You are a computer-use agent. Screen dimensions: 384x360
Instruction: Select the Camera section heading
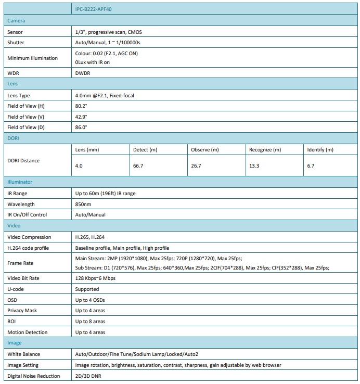tap(16, 21)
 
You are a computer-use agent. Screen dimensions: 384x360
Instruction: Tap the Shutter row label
tap(16, 43)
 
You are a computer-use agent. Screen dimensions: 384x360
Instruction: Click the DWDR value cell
tap(83, 73)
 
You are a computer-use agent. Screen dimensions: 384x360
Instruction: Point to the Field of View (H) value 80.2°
tap(81, 106)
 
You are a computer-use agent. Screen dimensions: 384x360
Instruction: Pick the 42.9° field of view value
tap(81, 117)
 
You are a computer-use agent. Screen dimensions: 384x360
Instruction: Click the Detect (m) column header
tap(145, 150)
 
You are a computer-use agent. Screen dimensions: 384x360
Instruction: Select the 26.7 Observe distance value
tap(197, 165)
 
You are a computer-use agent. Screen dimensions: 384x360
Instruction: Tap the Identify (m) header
tap(320, 150)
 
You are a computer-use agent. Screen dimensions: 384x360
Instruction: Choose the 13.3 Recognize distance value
tap(255, 165)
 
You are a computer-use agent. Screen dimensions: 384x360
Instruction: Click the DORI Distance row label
tap(23, 160)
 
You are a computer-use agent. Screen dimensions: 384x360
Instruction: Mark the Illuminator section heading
tap(20, 182)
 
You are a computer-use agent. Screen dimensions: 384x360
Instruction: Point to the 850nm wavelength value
tap(84, 204)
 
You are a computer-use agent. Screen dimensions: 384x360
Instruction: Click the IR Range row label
tap(17, 193)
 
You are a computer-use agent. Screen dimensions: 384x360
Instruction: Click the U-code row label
tap(16, 289)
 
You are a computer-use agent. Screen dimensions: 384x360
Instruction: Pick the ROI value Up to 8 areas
tap(90, 322)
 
